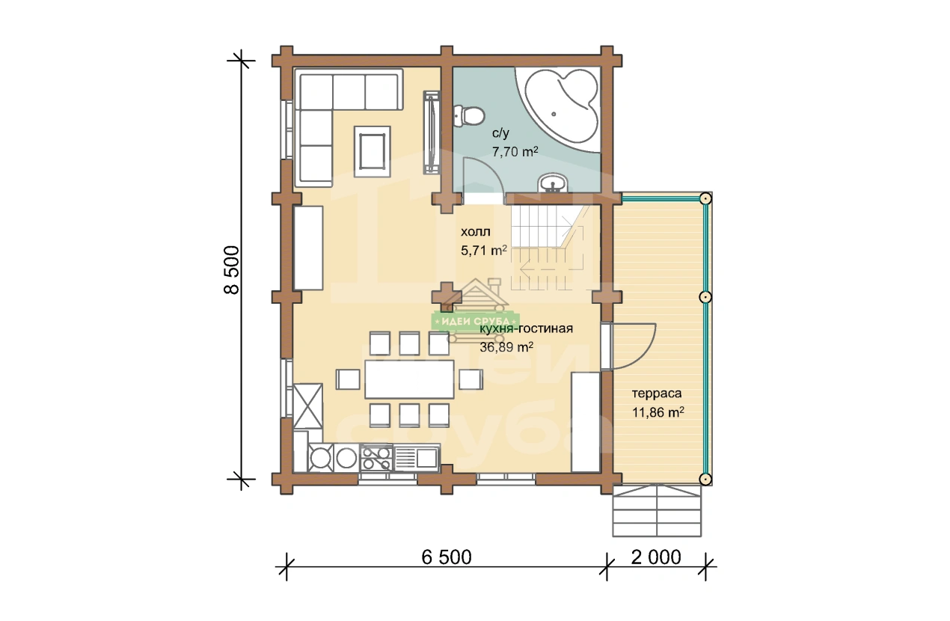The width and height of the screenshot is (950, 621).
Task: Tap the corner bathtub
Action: (x=560, y=107)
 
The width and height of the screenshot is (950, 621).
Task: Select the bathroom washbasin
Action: (x=553, y=183)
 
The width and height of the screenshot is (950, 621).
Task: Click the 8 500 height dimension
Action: (x=232, y=270)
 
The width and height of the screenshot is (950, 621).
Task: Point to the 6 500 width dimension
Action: (x=446, y=557)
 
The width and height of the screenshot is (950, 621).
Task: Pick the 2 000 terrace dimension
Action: (x=656, y=557)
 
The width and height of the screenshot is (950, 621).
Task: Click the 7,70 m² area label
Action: (x=515, y=151)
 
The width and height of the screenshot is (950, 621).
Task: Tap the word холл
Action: (x=476, y=232)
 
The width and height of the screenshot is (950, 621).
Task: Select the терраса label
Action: (x=657, y=394)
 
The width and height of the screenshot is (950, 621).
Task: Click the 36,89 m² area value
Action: (x=506, y=347)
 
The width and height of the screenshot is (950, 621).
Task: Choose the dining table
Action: (x=409, y=379)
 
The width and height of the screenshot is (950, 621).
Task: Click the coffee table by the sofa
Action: (x=373, y=151)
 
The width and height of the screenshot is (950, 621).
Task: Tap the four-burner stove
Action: (x=376, y=458)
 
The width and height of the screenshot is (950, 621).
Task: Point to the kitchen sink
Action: (x=416, y=457)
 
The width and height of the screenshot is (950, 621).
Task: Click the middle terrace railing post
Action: (x=705, y=297)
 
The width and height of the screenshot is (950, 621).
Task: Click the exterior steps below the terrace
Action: (x=657, y=511)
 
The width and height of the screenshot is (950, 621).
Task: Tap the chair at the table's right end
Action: (x=471, y=379)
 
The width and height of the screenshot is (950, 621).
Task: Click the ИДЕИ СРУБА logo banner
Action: (x=476, y=321)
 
